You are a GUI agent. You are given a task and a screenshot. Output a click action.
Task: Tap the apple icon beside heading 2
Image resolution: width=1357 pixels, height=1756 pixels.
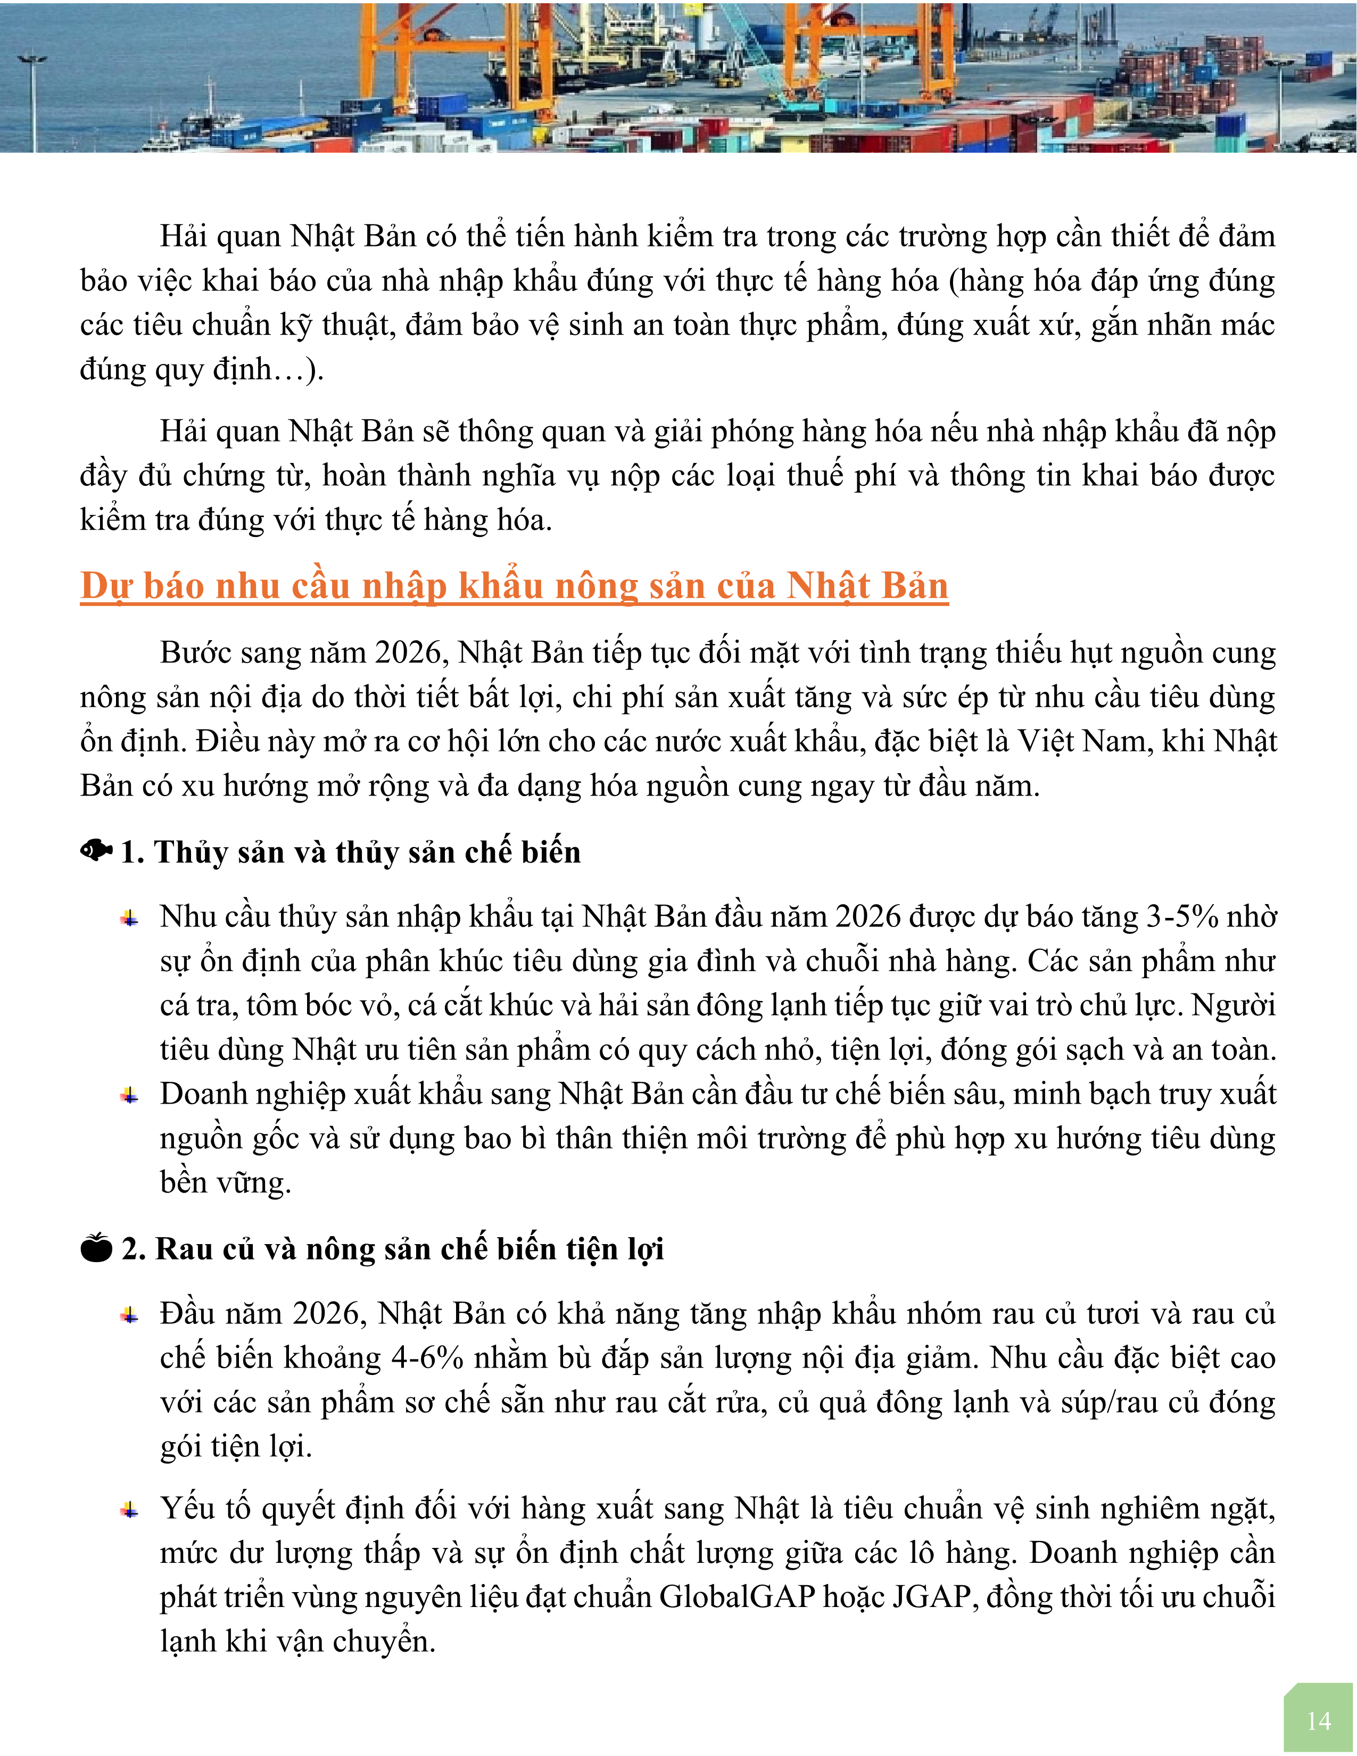pyautogui.click(x=96, y=1248)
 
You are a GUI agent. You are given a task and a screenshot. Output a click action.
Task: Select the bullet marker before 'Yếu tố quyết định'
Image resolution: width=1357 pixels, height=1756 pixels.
pyautogui.click(x=129, y=1510)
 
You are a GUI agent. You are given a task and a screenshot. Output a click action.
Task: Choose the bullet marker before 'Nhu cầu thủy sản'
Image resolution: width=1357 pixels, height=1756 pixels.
pyautogui.click(x=129, y=918)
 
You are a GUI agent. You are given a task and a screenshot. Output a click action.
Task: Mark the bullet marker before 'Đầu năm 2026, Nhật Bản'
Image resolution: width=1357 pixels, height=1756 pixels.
pyautogui.click(x=129, y=1315)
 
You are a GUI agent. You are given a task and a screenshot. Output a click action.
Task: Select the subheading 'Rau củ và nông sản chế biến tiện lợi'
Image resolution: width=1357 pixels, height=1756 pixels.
pyautogui.click(x=409, y=1249)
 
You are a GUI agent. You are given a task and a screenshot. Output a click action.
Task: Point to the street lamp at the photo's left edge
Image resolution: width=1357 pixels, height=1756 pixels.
pyautogui.click(x=32, y=96)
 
